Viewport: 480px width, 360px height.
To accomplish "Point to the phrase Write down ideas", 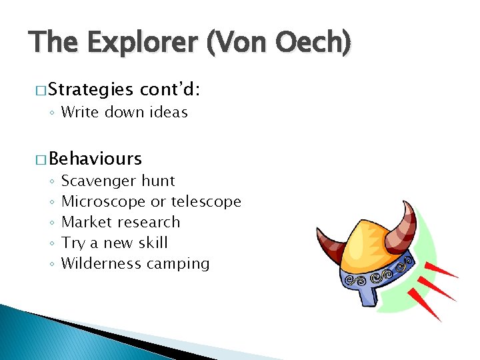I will pyautogui.click(x=124, y=112).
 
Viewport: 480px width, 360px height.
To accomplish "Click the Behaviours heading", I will pyautogui.click(x=95, y=159).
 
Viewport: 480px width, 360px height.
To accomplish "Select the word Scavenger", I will pyautogui.click(x=99, y=181).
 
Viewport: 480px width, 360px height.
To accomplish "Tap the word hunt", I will pyautogui.click(x=158, y=181).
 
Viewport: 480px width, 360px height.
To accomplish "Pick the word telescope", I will pyautogui.click(x=206, y=201).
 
